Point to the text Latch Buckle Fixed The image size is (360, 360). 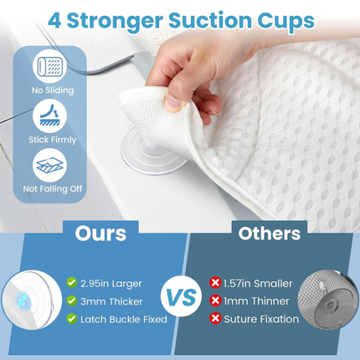pyautogui.click(x=118, y=319)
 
